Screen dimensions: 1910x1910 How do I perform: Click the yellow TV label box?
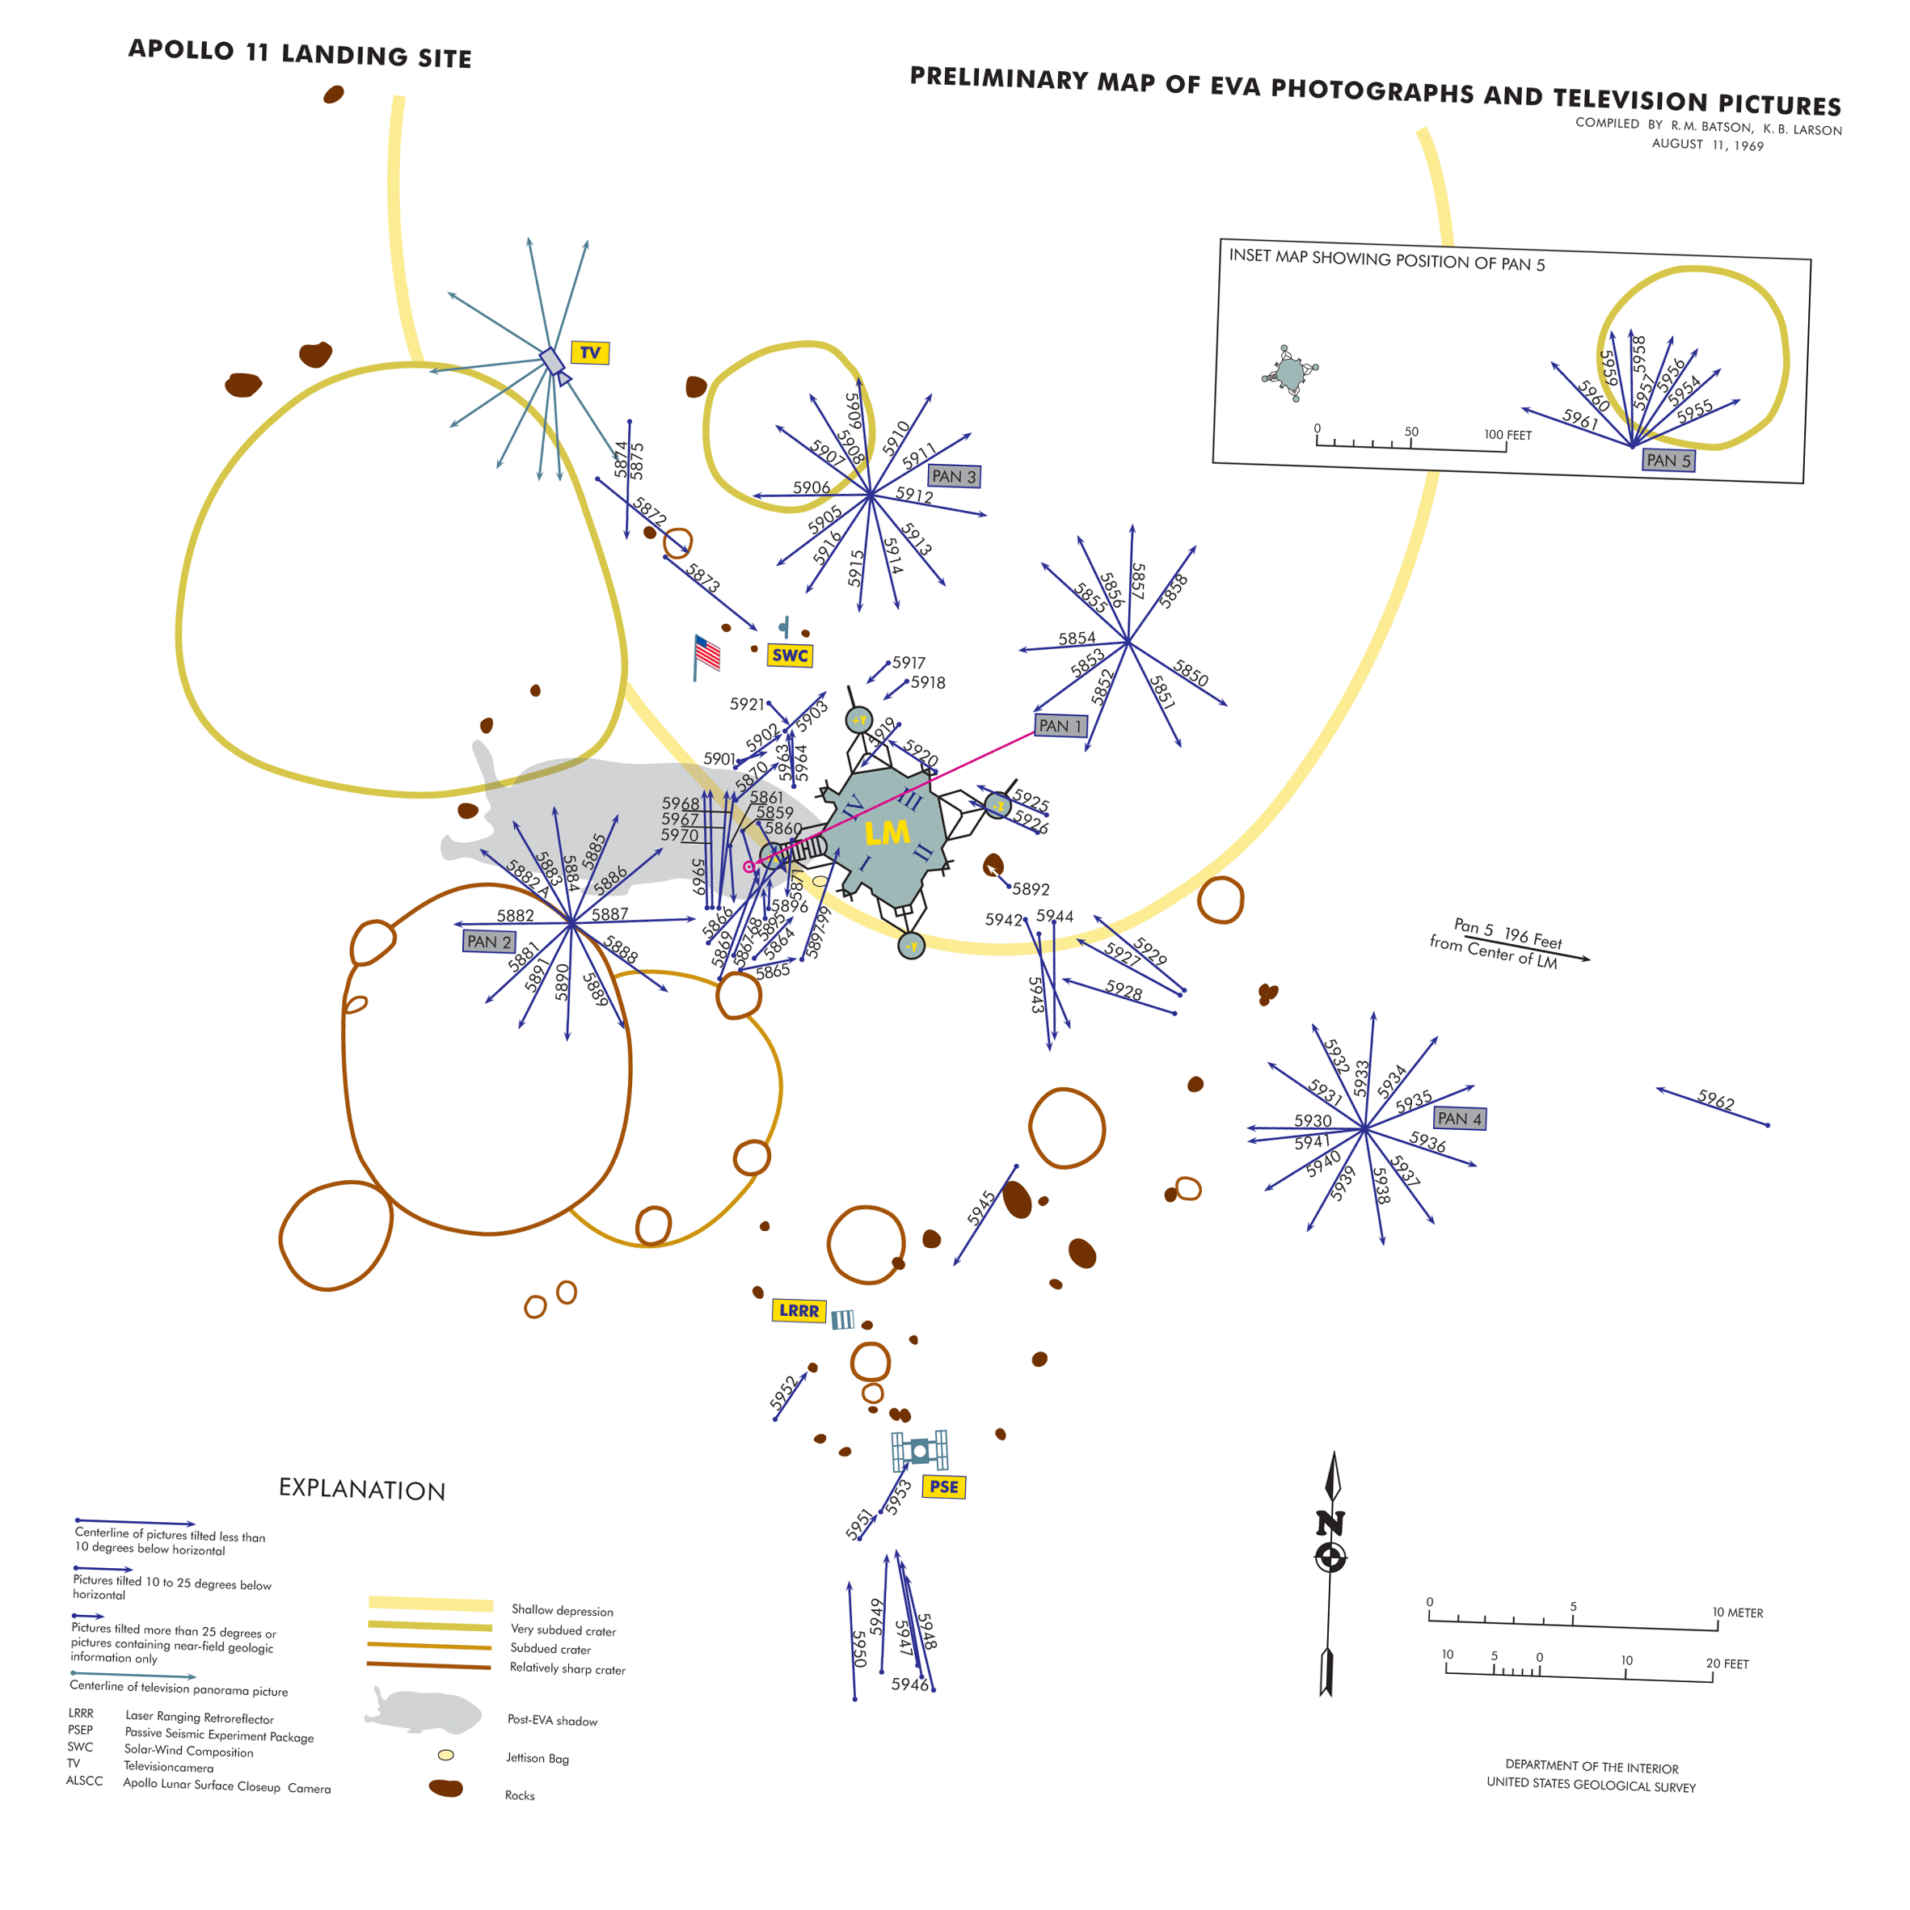click(589, 353)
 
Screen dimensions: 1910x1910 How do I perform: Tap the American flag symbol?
click(707, 653)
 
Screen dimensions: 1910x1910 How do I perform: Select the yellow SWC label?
click(790, 656)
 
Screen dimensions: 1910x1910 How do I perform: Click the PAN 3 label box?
click(954, 477)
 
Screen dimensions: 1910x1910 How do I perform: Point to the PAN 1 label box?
click(1060, 726)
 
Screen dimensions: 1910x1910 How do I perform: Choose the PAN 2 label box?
click(489, 941)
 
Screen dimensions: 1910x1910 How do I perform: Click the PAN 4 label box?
click(1459, 1118)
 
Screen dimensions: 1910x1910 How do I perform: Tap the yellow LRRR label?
click(799, 1311)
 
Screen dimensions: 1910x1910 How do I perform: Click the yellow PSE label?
click(943, 1487)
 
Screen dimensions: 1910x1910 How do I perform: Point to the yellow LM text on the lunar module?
click(887, 833)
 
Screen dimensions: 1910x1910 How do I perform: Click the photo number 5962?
click(1716, 1100)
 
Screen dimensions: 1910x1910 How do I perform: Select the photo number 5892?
click(1031, 890)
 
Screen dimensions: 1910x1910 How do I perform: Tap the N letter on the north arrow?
click(1330, 1524)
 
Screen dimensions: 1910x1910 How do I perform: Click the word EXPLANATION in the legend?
click(362, 1490)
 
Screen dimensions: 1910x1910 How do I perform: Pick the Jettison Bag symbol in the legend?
click(446, 1756)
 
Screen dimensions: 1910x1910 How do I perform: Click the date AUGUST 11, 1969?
click(1707, 145)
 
